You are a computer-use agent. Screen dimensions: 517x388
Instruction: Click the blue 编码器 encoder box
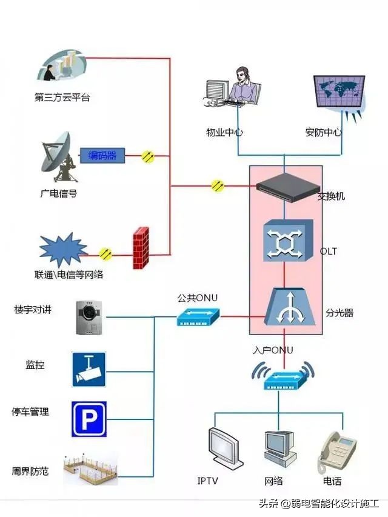coord(102,156)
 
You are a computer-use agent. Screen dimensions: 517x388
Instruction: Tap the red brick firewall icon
coord(141,247)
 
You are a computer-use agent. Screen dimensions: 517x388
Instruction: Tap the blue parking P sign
coord(89,419)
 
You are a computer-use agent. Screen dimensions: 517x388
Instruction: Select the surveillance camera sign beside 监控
coord(89,369)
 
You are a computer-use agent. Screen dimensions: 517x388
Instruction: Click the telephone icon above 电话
coord(334,452)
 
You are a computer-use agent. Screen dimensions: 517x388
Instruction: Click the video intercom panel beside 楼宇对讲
coord(89,317)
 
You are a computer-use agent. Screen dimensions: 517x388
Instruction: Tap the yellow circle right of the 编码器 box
coord(148,156)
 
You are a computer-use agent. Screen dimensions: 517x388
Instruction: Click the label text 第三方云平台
coord(62,96)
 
